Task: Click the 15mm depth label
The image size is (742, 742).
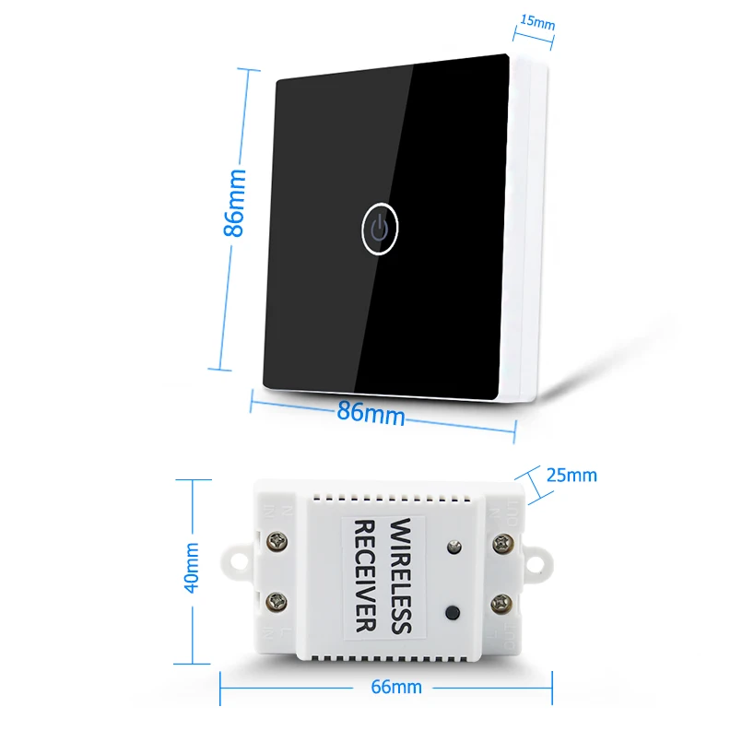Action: [x=536, y=20]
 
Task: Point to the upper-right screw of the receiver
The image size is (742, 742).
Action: [x=502, y=543]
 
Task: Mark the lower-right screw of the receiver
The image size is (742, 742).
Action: [x=502, y=605]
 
